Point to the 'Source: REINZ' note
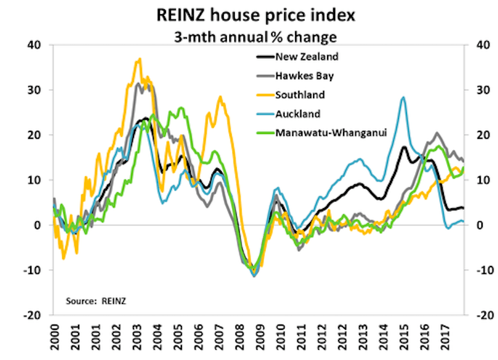(99, 300)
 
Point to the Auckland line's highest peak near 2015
(403, 97)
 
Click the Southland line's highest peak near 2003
(140, 59)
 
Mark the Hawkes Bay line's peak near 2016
(437, 133)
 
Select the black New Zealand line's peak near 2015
(404, 147)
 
